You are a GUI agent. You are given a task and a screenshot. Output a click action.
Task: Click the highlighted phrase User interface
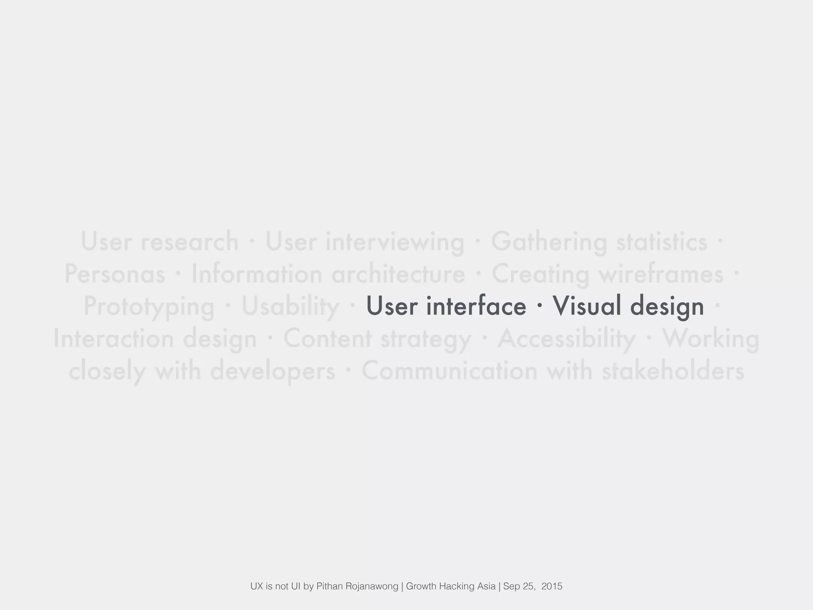446,306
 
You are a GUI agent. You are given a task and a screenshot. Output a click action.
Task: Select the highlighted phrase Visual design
628,306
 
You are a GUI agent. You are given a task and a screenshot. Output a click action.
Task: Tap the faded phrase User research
160,241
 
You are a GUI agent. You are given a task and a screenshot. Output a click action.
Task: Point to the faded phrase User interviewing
364,241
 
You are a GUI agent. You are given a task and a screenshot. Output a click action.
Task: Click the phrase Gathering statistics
599,241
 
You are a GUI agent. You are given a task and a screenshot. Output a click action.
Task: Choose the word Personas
114,274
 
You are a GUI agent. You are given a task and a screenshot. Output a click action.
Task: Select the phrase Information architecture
328,274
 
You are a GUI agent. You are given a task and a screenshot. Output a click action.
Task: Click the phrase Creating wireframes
607,274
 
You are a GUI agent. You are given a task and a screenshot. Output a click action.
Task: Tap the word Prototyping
149,307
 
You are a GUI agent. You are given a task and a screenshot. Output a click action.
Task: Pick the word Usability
290,306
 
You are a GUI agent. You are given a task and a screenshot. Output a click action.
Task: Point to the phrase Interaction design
155,339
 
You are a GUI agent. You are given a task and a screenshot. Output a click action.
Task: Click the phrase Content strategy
377,339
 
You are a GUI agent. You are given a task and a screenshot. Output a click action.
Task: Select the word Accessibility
566,339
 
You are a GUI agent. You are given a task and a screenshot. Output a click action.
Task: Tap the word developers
273,371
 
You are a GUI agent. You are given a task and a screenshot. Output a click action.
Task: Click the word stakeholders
673,371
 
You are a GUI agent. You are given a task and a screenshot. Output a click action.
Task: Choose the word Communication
449,371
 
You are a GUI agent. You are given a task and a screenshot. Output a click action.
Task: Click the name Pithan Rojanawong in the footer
357,586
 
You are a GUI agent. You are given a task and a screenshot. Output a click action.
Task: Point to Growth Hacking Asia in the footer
451,586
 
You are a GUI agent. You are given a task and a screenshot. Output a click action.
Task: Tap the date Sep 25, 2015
532,586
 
